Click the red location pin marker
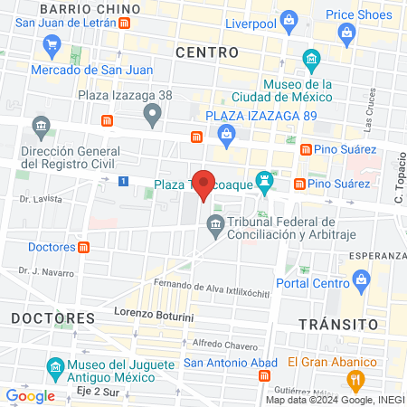tap(204, 184)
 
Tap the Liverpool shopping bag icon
tap(289, 19)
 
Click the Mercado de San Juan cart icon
tap(52, 44)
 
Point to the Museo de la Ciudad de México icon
tap(312, 62)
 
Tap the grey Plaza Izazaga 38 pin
tap(152, 114)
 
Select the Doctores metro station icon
tap(83, 246)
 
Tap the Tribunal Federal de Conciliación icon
tap(215, 223)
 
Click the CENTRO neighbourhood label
tap(207, 52)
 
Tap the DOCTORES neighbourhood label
tap(53, 318)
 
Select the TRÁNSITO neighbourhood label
tap(337, 323)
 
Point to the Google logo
tap(30, 395)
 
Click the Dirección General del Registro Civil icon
tap(40, 124)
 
